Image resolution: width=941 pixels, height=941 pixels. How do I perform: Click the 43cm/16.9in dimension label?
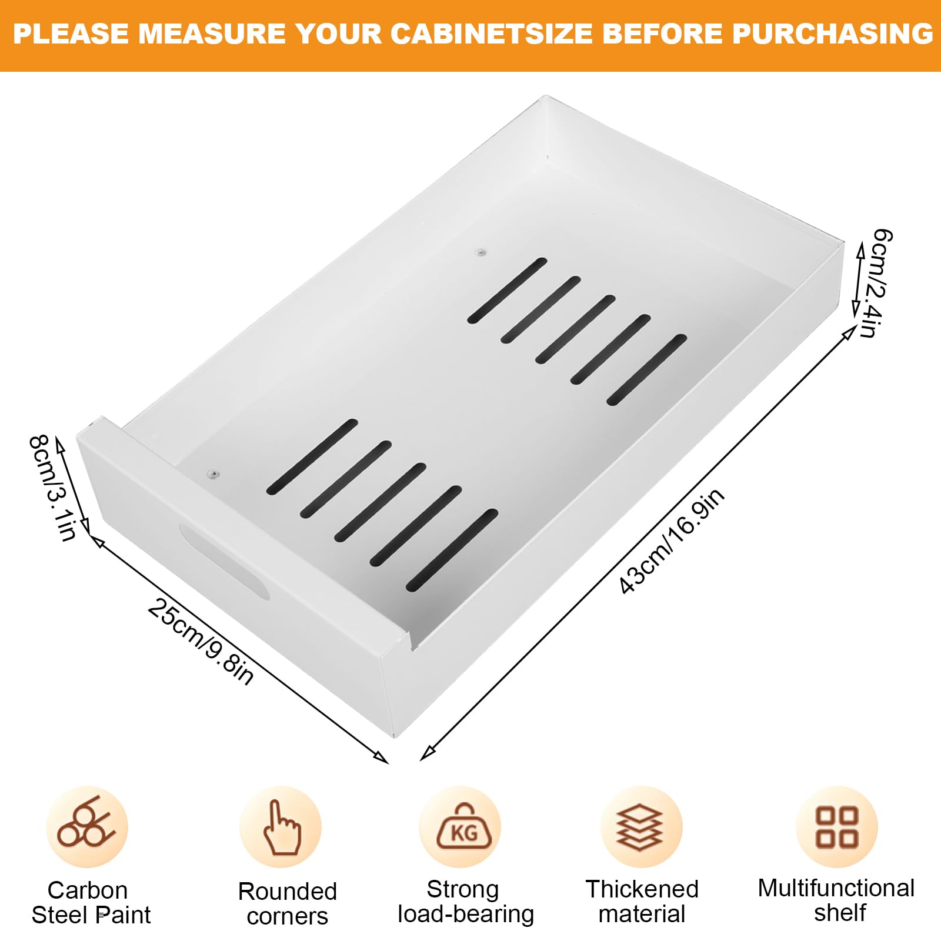672,541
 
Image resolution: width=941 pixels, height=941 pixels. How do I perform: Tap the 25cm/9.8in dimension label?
201,642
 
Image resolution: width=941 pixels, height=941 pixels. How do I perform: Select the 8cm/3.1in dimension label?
53,488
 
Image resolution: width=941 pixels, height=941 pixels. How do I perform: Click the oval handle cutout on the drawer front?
224,561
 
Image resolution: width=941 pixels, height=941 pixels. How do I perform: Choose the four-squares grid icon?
836,827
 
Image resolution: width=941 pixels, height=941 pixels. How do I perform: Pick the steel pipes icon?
86,822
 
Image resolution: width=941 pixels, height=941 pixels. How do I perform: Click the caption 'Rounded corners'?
288,904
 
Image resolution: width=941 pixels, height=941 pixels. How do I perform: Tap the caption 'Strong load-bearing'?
465,902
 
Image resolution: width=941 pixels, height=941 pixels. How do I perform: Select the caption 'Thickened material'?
642,902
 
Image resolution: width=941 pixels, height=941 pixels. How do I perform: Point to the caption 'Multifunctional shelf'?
836,900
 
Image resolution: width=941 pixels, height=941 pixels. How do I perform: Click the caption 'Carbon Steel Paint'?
91,903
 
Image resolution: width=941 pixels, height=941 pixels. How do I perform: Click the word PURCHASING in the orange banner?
833,34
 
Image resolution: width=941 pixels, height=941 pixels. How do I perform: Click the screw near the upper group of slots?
481,252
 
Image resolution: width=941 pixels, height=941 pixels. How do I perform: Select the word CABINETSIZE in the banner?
491,34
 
